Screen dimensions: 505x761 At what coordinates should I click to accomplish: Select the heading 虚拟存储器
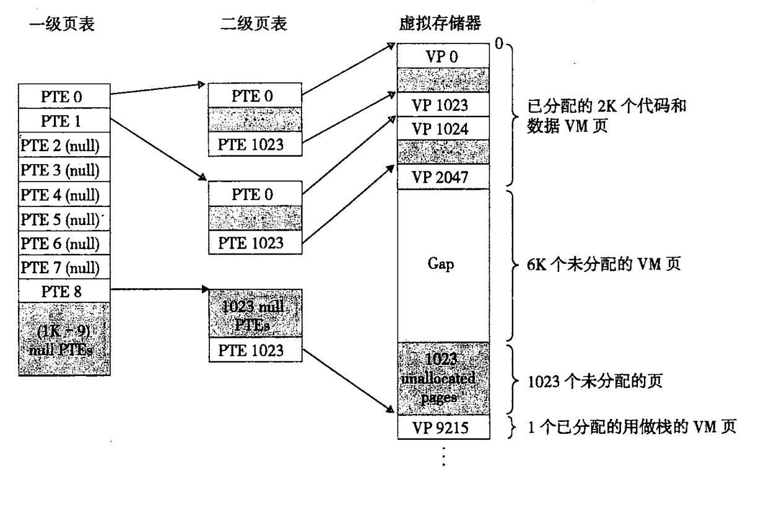tap(441, 24)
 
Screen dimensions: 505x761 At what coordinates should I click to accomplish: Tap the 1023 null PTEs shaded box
tap(255, 314)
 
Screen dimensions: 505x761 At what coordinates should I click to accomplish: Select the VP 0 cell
tap(443, 56)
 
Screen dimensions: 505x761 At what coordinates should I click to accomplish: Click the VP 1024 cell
tap(443, 129)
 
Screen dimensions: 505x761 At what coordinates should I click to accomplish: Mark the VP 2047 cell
tap(443, 177)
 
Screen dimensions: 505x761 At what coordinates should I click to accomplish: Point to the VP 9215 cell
tap(443, 428)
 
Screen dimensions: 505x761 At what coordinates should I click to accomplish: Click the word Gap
tap(441, 265)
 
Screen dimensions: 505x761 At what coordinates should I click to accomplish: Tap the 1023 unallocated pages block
tap(443, 378)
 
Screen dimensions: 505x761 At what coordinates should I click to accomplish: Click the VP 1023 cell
tap(443, 105)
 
